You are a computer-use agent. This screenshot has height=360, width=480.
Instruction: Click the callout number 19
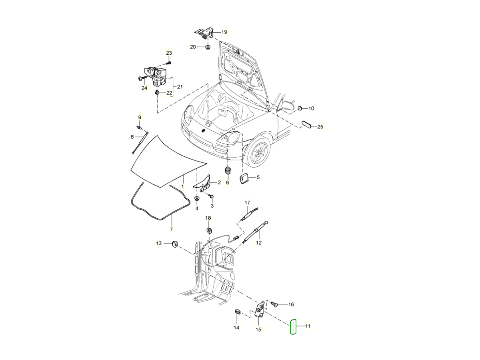(224, 32)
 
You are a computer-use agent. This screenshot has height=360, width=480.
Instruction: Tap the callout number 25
(320, 127)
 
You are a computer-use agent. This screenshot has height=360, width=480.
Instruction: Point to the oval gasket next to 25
(306, 125)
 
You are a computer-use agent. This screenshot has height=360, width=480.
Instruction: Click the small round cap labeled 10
(300, 108)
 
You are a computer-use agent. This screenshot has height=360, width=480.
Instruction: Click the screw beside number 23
(169, 63)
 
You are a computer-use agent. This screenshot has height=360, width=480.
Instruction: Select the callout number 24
(144, 88)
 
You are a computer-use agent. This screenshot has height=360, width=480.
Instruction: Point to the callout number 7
(171, 229)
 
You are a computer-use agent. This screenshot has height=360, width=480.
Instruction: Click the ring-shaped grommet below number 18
(208, 231)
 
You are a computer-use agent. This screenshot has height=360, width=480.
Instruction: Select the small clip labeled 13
(175, 243)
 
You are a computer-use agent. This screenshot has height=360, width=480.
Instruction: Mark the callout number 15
(258, 330)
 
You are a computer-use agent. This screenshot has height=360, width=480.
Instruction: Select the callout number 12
(258, 242)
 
